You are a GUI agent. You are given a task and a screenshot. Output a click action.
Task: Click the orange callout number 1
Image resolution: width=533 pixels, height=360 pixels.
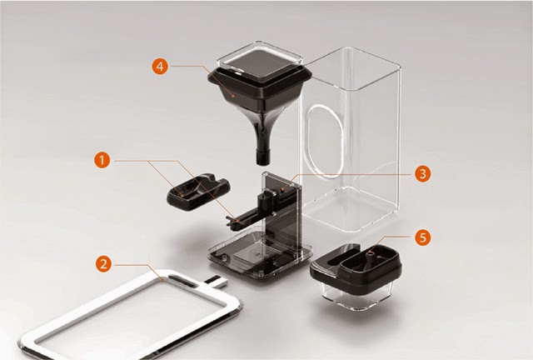pyautogui.click(x=102, y=160)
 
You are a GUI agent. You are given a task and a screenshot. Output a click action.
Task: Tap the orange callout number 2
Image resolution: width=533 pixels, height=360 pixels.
pyautogui.click(x=103, y=263)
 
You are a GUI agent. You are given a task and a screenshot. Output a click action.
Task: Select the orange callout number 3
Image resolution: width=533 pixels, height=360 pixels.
pyautogui.click(x=422, y=174)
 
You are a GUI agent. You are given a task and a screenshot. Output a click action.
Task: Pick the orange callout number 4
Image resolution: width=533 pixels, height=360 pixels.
pyautogui.click(x=160, y=66)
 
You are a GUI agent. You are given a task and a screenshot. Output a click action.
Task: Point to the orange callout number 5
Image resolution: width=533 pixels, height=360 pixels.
pyautogui.click(x=422, y=237)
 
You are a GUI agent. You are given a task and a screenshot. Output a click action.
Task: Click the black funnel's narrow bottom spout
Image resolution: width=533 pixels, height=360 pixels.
pyautogui.click(x=263, y=156)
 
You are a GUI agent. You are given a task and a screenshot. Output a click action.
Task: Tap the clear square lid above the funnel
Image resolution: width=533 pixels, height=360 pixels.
pyautogui.click(x=260, y=59)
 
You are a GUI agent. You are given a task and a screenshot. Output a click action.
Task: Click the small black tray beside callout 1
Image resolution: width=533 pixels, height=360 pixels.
pyautogui.click(x=198, y=192)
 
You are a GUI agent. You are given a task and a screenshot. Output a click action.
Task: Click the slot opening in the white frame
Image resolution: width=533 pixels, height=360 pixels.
pyautogui.click(x=182, y=282)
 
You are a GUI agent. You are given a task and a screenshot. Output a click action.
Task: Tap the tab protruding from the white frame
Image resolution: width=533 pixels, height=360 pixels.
pyautogui.click(x=217, y=281)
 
